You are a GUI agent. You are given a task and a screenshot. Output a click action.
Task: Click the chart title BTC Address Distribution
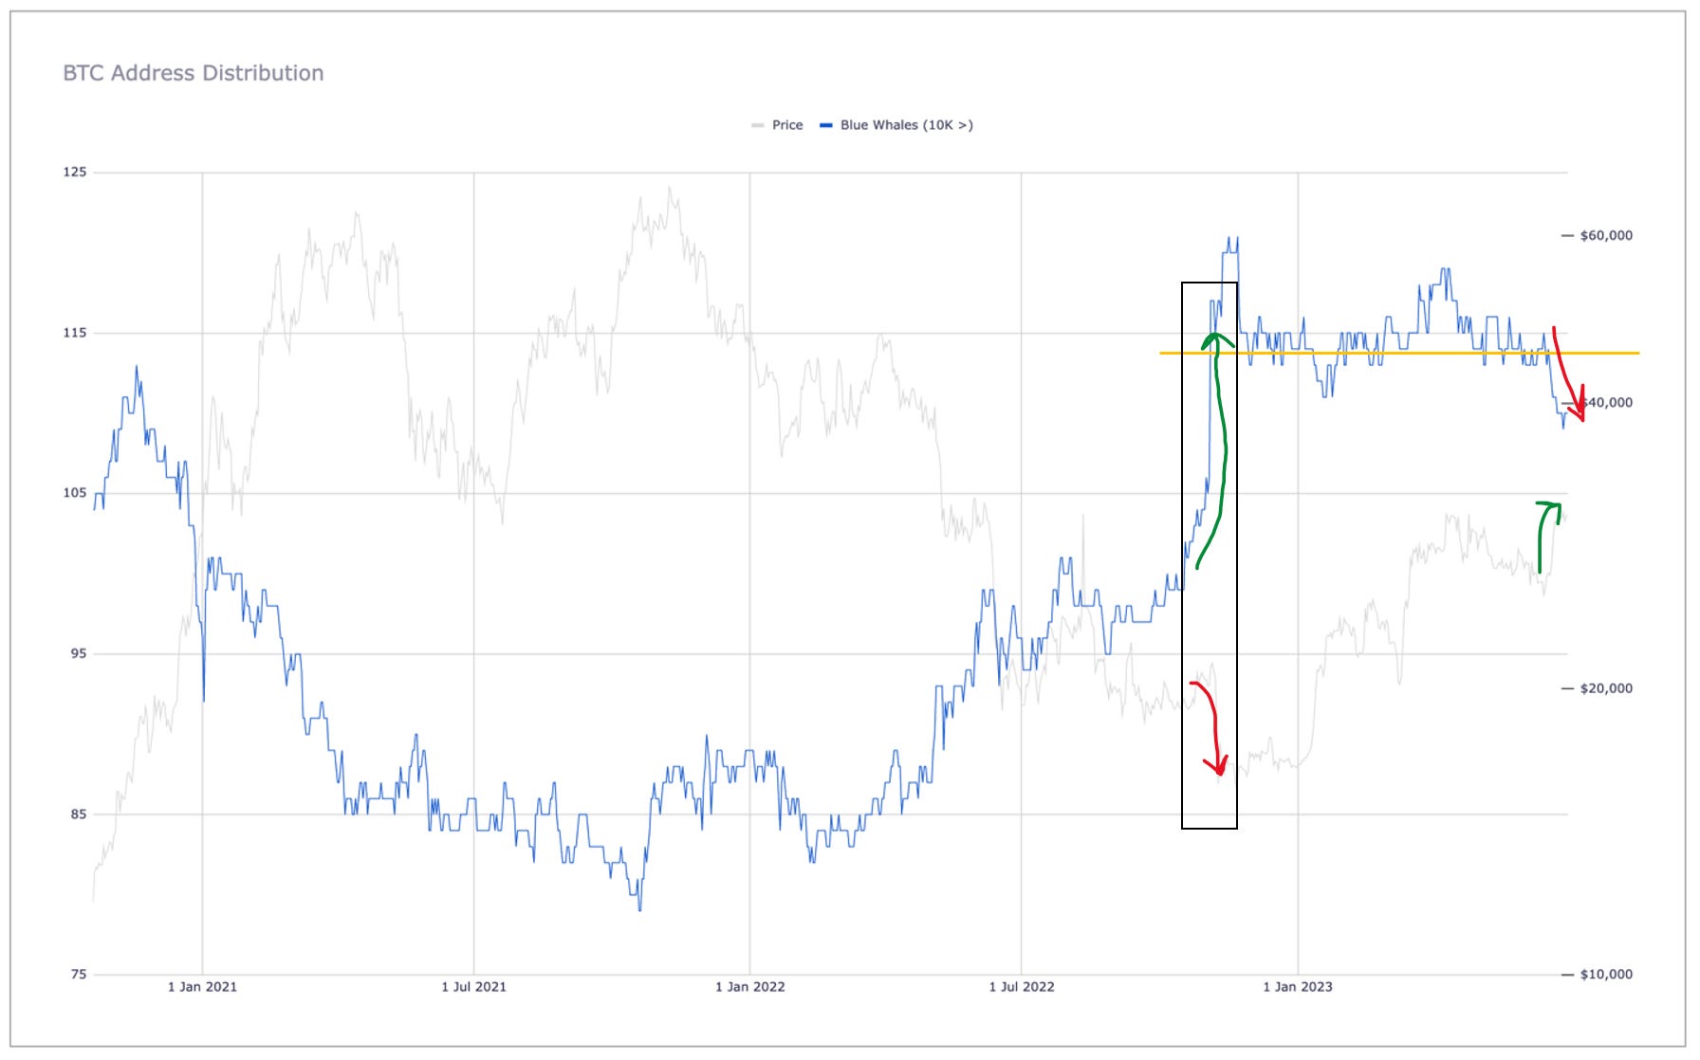point(193,73)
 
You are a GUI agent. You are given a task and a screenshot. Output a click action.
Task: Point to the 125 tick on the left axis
point(74,172)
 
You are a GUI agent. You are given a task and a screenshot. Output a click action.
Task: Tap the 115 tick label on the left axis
point(74,333)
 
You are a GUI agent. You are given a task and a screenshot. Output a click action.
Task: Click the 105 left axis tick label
point(74,493)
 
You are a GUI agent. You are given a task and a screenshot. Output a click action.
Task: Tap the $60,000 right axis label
point(1605,235)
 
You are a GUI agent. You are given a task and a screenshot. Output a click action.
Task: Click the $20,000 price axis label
point(1605,688)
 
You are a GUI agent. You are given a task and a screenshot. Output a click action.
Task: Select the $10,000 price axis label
point(1605,974)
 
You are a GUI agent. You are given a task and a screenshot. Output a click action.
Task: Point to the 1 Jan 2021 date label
point(202,987)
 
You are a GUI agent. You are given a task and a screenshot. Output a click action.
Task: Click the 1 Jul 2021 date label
point(473,987)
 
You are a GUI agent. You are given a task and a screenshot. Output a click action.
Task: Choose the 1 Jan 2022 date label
point(749,987)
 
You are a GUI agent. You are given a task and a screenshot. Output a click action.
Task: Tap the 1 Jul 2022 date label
point(1021,987)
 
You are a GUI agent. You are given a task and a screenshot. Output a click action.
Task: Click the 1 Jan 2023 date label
point(1297,987)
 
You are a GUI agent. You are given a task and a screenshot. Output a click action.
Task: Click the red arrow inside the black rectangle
point(1211,724)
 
